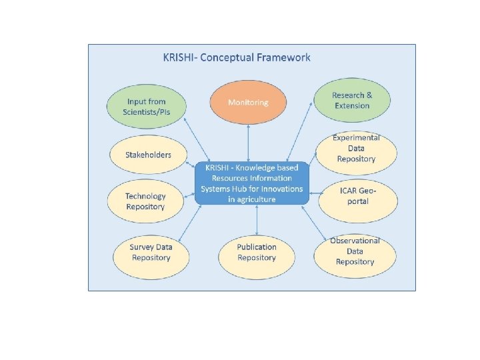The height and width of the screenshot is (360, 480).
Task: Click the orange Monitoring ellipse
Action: tap(248, 103)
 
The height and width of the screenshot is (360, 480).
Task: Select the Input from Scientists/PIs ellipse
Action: tap(146, 107)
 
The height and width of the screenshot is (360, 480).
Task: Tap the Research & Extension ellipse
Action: tap(351, 101)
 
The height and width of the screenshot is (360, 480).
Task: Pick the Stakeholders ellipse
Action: tap(148, 155)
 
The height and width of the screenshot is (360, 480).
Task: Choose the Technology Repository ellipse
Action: tap(145, 201)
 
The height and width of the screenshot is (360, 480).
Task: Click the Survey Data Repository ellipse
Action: tap(151, 252)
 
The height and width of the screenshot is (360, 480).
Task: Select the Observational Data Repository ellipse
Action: tap(355, 251)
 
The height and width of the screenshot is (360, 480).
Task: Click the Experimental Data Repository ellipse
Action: tap(356, 149)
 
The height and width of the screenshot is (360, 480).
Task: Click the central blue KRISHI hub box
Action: tap(252, 183)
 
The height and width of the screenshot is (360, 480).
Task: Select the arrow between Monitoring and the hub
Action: tap(249, 143)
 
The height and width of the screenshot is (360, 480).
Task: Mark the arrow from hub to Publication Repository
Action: tap(256, 221)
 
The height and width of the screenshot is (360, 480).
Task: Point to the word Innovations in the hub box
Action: tap(279, 189)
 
